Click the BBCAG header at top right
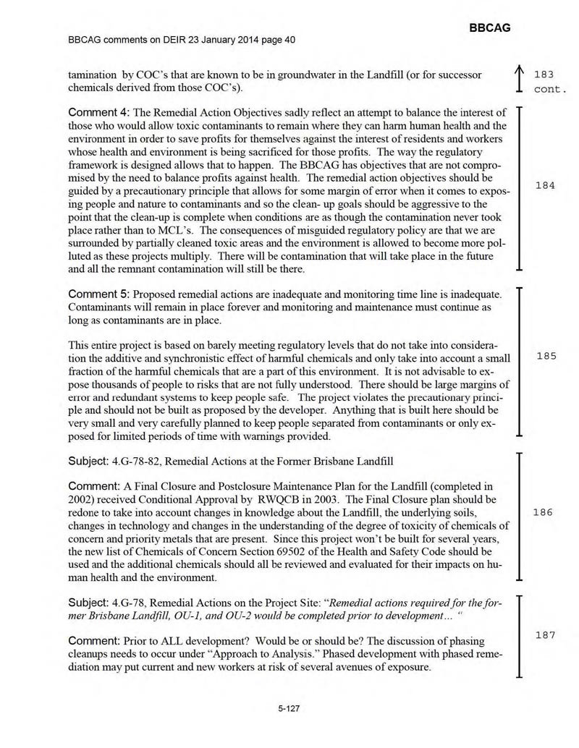coord(490,27)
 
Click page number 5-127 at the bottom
coord(289,709)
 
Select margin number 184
coord(544,186)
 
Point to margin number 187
coord(544,635)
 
